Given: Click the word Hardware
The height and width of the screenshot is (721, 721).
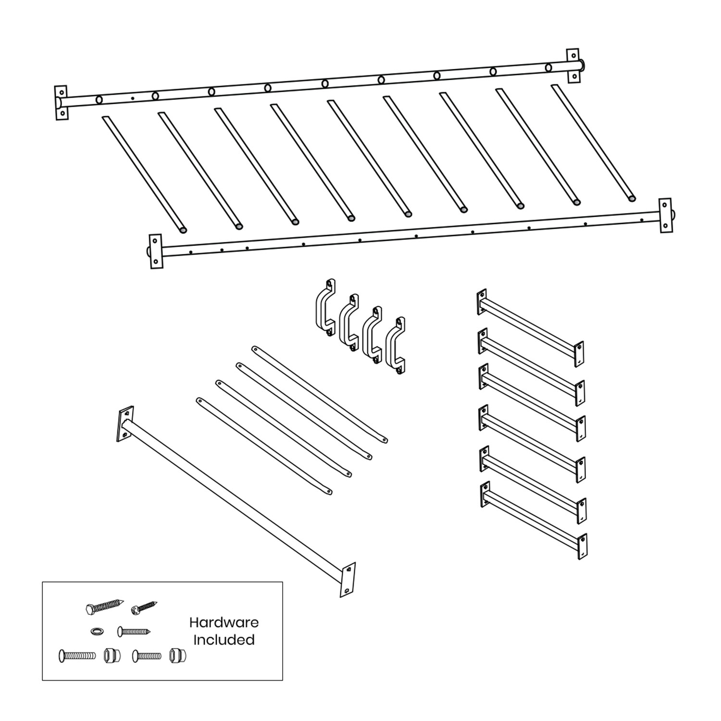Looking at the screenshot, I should tap(224, 622).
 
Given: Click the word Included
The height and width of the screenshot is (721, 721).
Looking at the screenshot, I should tap(224, 640).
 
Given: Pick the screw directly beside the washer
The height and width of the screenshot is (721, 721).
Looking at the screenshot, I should tap(134, 631).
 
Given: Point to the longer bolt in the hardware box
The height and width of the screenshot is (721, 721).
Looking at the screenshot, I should tap(77, 655).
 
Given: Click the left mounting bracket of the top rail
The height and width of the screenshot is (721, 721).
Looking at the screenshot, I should tap(61, 103).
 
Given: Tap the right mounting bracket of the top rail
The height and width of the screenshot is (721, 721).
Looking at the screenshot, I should tap(572, 65).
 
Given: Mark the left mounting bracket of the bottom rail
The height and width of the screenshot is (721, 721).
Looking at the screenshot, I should tap(156, 251).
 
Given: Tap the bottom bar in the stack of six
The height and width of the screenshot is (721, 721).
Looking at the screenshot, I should tap(534, 520).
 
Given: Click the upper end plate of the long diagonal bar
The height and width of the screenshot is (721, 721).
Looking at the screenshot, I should tap(125, 423).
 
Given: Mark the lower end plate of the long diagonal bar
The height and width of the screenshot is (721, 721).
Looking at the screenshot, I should tap(348, 579).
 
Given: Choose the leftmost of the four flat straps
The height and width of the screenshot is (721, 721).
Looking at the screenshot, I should tap(264, 445).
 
